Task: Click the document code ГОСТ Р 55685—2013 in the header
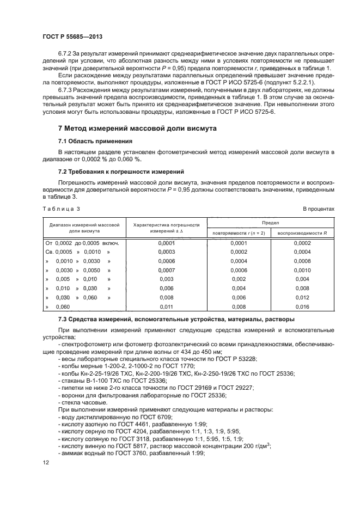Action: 72,36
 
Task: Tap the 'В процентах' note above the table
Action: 318,208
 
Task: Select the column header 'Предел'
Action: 270,223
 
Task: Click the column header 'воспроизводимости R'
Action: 302,233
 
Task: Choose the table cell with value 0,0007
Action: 166,270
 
